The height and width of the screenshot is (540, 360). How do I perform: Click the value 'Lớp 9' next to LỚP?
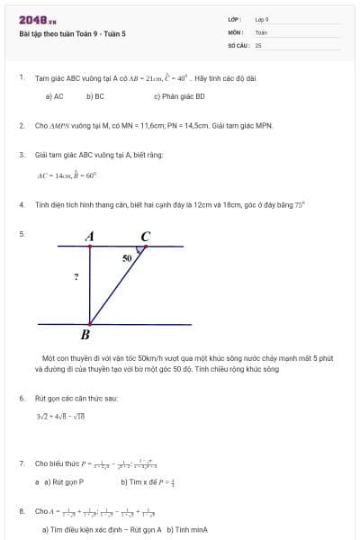tap(262, 19)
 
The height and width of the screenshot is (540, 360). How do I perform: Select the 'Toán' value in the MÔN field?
tap(261, 31)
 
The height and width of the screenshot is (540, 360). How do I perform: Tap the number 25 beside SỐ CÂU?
tap(258, 44)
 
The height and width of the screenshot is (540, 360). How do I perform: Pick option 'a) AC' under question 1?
tap(54, 95)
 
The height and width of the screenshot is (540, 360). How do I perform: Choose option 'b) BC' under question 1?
tap(95, 95)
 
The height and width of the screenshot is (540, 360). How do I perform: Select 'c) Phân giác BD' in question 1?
tap(179, 95)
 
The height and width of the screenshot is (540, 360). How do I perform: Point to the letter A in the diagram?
tap(90, 237)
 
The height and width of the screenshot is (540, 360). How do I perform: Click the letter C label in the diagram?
tap(146, 237)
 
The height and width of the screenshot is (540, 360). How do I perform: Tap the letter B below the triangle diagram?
tap(85, 336)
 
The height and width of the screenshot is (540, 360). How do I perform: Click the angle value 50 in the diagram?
tap(127, 257)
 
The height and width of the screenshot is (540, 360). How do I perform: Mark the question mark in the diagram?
tap(76, 277)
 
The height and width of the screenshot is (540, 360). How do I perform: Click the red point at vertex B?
tap(89, 323)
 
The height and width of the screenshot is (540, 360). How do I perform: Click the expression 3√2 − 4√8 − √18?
tap(59, 416)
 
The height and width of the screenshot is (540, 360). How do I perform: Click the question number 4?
tap(22, 204)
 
